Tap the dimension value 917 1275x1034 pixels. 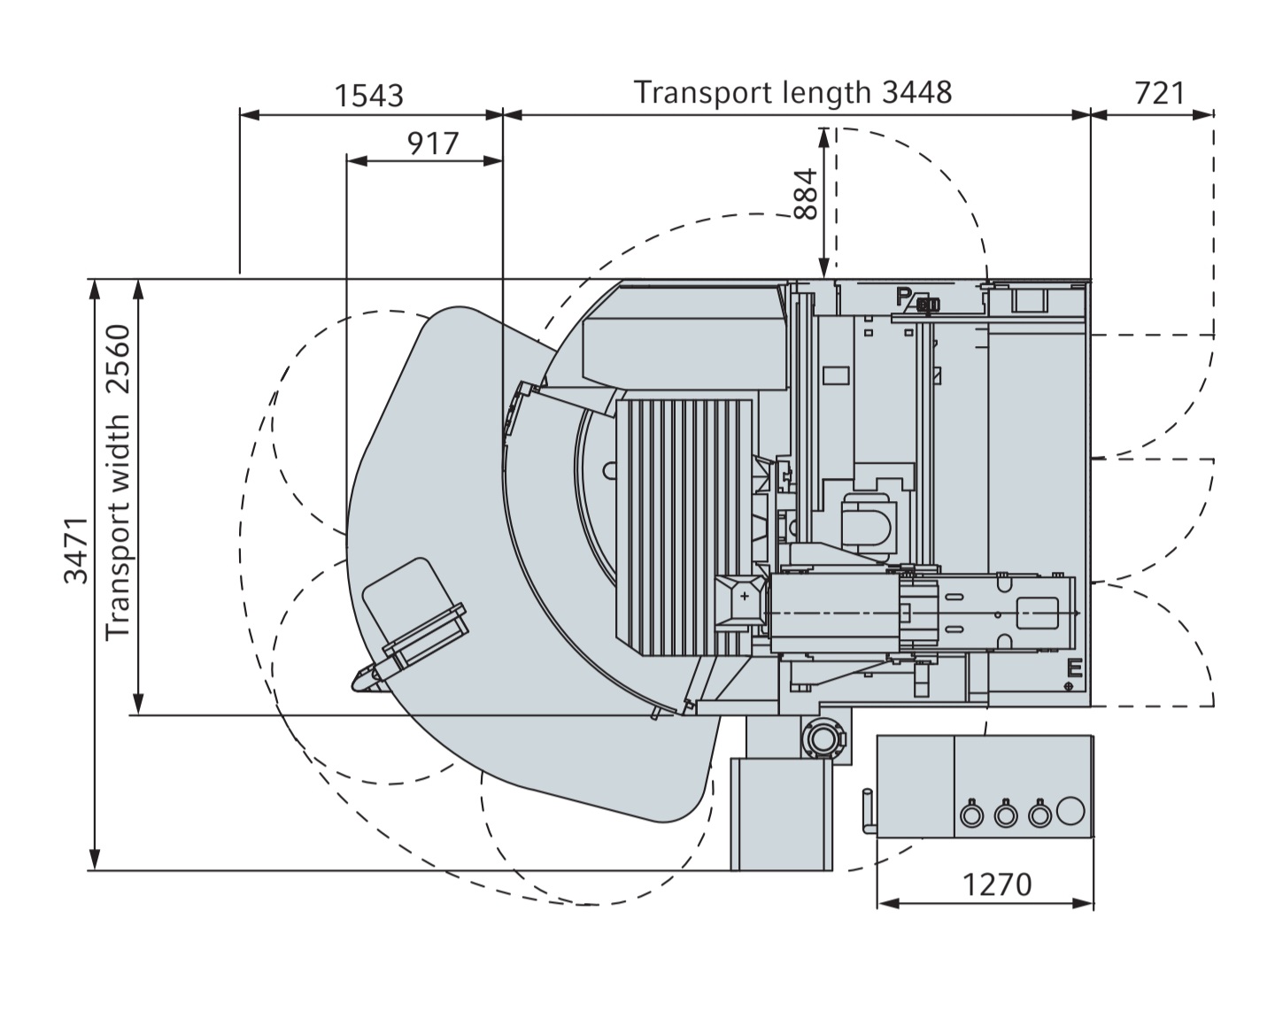click(433, 143)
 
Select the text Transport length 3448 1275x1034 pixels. click(792, 92)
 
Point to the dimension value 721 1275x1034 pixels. click(1159, 92)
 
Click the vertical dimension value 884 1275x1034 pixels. click(806, 194)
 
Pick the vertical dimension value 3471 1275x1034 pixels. click(77, 550)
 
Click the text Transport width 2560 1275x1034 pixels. click(117, 482)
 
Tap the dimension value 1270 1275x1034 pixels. click(997, 884)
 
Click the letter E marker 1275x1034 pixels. click(1075, 668)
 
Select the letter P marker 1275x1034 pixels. click(903, 296)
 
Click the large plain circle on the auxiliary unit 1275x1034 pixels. click(1070, 810)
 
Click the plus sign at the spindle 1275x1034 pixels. click(745, 597)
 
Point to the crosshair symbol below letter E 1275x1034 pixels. click(1070, 686)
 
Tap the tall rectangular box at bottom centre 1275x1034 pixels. click(781, 813)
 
